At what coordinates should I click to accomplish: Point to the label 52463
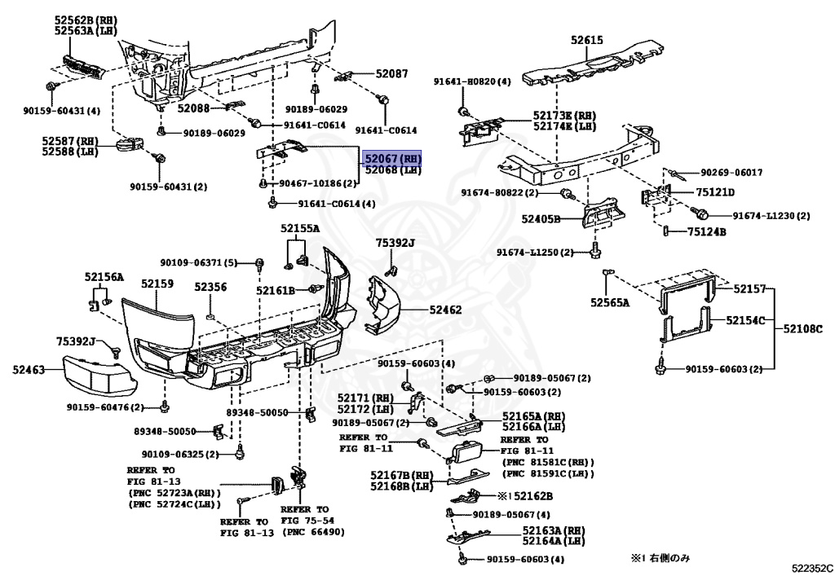pyautogui.click(x=28, y=370)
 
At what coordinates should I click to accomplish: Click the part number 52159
pyautogui.click(x=157, y=284)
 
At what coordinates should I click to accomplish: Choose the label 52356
pyautogui.click(x=210, y=287)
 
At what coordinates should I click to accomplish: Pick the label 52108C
pyautogui.click(x=804, y=328)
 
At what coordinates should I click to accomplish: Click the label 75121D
pyautogui.click(x=715, y=192)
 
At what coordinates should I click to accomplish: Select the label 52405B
pyautogui.click(x=541, y=219)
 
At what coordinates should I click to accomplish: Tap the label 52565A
pyautogui.click(x=611, y=302)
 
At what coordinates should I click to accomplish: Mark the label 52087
pyautogui.click(x=391, y=74)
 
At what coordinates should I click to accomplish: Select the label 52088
pyautogui.click(x=193, y=108)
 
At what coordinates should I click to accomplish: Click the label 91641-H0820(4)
pyautogui.click(x=472, y=81)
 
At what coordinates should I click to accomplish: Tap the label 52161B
pyautogui.click(x=275, y=289)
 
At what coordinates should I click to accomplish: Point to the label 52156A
pyautogui.click(x=104, y=277)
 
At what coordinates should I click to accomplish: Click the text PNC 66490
pyautogui.click(x=313, y=532)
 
